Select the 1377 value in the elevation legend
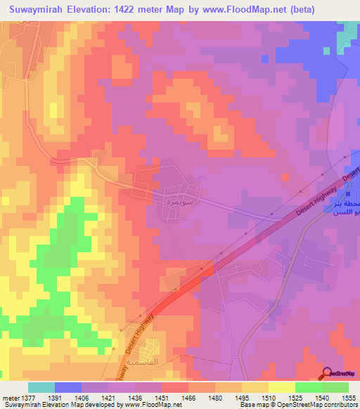tap(28, 397)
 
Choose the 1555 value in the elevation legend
tap(348, 397)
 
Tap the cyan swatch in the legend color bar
tap(41, 387)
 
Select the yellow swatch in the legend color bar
tap(281, 387)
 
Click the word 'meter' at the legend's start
tap(10, 397)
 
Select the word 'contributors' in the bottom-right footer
tap(338, 405)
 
